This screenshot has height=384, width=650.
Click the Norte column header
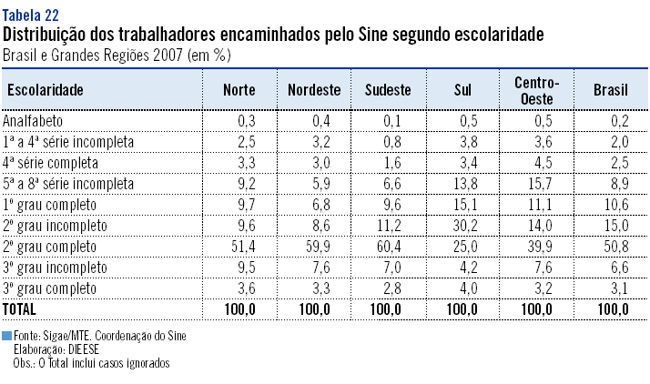pos(239,90)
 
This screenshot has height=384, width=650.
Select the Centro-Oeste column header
pos(537,90)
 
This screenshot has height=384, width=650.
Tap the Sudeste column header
pos(388,90)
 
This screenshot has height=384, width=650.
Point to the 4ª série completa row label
pos(52,163)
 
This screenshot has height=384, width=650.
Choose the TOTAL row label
pos(20,309)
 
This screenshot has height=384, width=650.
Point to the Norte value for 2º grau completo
pos(242,246)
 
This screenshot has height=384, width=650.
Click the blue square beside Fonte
pos(7,336)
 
